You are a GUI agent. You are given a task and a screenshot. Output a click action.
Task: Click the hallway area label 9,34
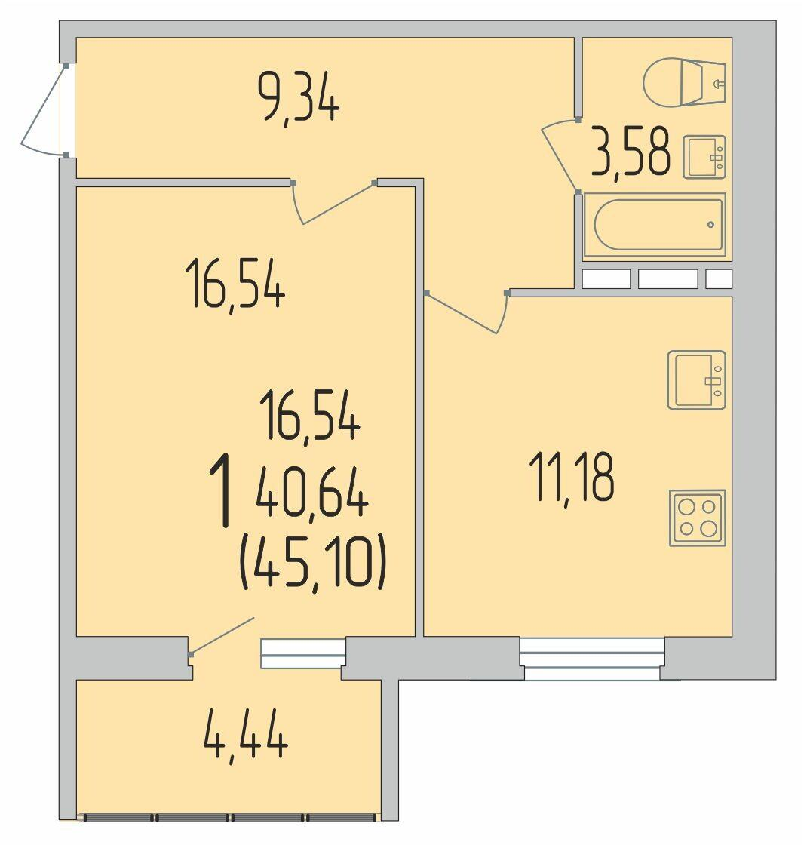pyautogui.click(x=299, y=98)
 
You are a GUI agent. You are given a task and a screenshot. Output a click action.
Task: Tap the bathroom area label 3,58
pyautogui.click(x=631, y=151)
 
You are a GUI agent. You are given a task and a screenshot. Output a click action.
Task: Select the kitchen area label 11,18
pyautogui.click(x=572, y=477)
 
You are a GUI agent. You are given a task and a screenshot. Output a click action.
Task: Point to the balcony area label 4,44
pyautogui.click(x=246, y=736)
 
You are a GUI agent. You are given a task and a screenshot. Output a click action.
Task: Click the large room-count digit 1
pyautogui.click(x=220, y=490)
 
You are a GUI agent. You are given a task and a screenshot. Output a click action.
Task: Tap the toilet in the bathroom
pyautogui.click(x=685, y=82)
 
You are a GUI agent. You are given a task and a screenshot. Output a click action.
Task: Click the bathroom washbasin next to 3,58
pyautogui.click(x=705, y=157)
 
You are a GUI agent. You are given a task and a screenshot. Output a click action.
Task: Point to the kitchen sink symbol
pyautogui.click(x=697, y=379)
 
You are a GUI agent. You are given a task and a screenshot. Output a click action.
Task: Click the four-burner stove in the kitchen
pyautogui.click(x=698, y=518)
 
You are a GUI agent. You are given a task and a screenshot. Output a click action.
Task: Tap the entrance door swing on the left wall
pyautogui.click(x=43, y=110)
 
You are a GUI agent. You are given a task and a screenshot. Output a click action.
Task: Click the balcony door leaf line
pyautogui.click(x=222, y=637)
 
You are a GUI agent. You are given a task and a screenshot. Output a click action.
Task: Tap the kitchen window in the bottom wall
pyautogui.click(x=591, y=659)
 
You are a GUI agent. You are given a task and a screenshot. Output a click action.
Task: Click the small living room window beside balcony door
pyautogui.click(x=303, y=653)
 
